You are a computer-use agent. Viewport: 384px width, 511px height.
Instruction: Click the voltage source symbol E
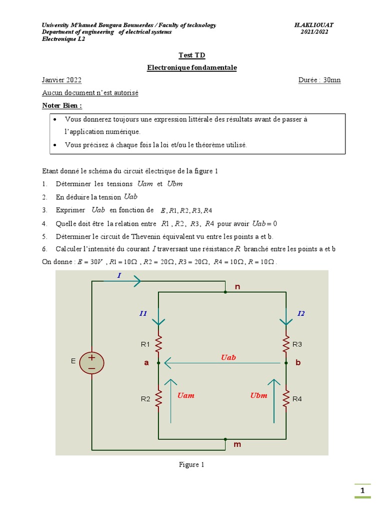point(91,363)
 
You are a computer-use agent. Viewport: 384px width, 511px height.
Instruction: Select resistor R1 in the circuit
point(158,344)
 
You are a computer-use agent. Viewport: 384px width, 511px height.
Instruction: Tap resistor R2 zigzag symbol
point(158,398)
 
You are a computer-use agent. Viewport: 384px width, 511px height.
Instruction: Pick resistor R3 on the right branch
point(286,343)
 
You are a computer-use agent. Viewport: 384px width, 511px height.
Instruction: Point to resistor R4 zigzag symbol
point(286,398)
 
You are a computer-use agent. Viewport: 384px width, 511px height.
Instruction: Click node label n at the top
point(237,286)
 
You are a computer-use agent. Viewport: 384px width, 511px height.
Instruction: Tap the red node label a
point(146,363)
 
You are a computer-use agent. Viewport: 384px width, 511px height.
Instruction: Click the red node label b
point(298,363)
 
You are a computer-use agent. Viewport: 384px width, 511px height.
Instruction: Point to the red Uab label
point(228,357)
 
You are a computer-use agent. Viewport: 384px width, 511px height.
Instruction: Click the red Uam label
point(185,396)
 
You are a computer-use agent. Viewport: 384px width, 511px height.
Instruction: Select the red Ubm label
point(258,396)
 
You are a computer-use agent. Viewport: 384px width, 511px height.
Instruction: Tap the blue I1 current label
point(143,313)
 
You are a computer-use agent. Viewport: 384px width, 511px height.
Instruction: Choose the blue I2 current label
point(301,313)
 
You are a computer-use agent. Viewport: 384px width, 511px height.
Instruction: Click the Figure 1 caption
point(191,465)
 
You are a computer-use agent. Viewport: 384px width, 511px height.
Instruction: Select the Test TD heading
point(191,55)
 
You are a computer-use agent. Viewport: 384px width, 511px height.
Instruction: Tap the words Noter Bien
point(62,106)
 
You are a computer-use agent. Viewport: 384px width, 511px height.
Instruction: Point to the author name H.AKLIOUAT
point(314,25)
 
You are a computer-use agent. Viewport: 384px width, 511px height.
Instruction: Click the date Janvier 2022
point(62,80)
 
